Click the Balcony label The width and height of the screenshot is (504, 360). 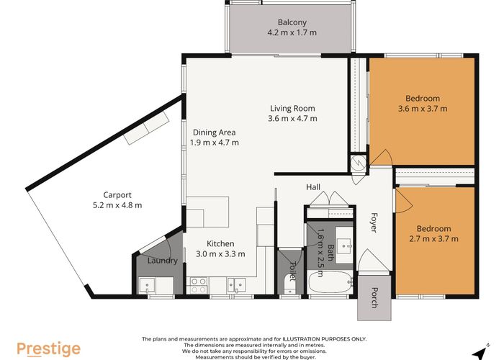[292, 22]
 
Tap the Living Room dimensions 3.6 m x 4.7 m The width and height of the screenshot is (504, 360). [292, 119]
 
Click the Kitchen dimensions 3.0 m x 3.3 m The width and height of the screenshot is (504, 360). [221, 253]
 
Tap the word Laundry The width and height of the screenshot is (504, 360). [163, 261]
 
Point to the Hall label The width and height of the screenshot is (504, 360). [313, 187]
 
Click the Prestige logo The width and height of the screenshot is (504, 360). [49, 349]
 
